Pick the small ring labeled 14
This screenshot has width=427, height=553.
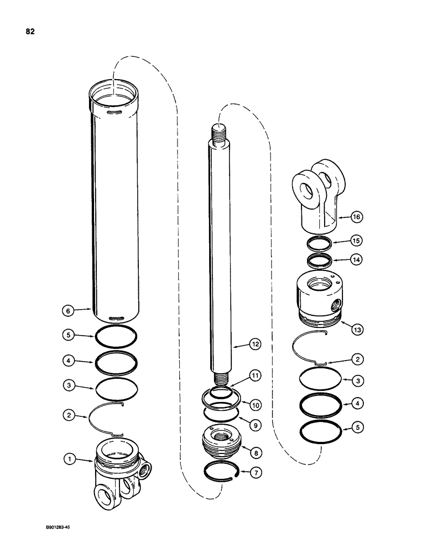click(319, 259)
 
